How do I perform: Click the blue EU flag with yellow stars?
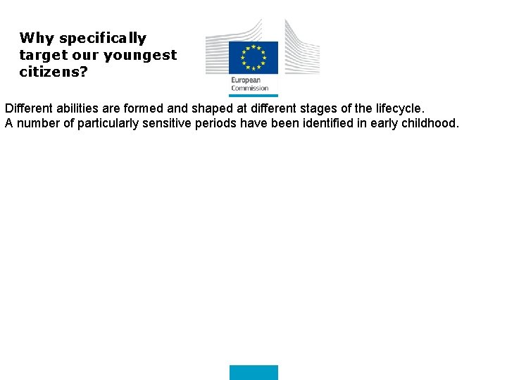click(x=253, y=57)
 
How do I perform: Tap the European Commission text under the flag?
click(x=249, y=84)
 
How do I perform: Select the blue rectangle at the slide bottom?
click(x=254, y=372)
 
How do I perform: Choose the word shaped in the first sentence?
click(x=212, y=109)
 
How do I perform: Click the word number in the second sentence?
click(x=37, y=124)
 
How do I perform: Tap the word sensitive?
click(x=169, y=124)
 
